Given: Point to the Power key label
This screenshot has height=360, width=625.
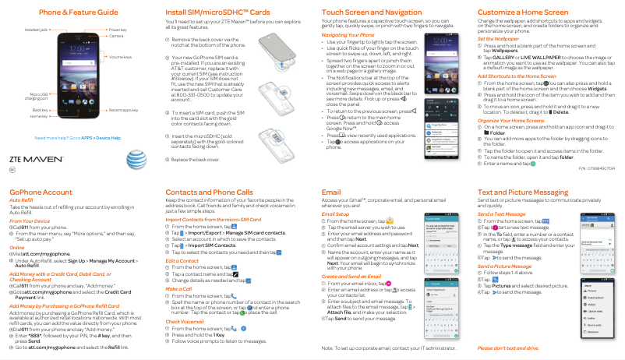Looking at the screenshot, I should coord(118,29).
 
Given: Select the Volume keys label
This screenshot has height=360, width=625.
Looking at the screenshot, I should coord(120,58).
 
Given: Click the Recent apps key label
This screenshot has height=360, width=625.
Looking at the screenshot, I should coord(123,111).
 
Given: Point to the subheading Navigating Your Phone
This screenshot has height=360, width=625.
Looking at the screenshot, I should coord(348,35).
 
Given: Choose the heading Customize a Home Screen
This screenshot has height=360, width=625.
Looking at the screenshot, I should coord(522,13).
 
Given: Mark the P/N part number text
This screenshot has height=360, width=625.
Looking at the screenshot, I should coord(596,168).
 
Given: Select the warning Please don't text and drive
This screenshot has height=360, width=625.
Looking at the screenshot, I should coord(510,348).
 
